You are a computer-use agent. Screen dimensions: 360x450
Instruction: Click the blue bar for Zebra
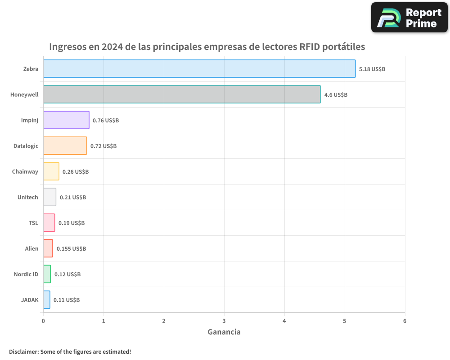coord(199,69)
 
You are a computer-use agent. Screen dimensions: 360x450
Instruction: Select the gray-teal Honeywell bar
coord(182,94)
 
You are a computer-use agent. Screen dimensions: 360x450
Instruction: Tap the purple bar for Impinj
coord(66,120)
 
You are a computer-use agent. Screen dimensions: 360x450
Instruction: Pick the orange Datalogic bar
coord(65,146)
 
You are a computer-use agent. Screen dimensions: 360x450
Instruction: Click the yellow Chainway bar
coord(51,171)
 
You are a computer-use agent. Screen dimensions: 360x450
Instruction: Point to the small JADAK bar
coord(47,300)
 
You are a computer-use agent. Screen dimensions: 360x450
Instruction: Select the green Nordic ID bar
coord(47,274)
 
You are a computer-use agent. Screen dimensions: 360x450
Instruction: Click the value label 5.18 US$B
coord(372,69)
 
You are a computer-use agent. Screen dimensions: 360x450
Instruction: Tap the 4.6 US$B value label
coord(336,95)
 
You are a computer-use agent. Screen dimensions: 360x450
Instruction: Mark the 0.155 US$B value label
coord(71,249)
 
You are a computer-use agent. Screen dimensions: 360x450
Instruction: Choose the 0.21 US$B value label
coord(73,198)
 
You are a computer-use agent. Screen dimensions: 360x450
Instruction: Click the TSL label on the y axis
coord(33,223)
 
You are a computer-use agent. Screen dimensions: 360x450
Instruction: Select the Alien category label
coord(31,248)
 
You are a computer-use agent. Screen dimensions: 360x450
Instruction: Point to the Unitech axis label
coord(27,197)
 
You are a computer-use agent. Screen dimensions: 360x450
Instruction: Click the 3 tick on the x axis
coord(224,321)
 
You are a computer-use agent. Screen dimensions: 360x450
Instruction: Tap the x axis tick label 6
coord(405,321)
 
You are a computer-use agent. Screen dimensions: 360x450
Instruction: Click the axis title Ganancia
coord(224,332)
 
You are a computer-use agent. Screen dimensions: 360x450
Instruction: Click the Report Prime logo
coord(409,18)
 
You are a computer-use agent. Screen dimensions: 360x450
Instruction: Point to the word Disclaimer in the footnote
coord(23,351)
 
